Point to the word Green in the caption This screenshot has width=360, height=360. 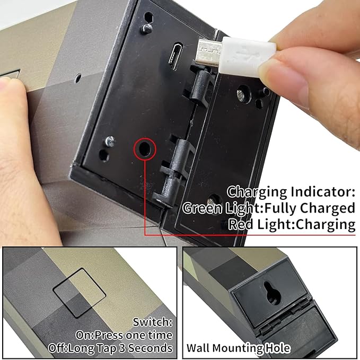(x=203, y=208)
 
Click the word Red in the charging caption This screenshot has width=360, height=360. (x=241, y=224)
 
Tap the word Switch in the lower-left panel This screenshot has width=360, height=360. (x=153, y=322)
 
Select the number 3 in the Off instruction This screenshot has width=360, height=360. (x=122, y=348)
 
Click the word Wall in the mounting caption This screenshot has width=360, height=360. (x=198, y=348)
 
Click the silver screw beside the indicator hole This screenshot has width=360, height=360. (x=110, y=142)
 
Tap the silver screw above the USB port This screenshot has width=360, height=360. (x=147, y=28)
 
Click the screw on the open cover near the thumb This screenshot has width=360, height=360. (x=241, y=94)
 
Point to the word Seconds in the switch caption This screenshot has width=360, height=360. (x=150, y=348)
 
